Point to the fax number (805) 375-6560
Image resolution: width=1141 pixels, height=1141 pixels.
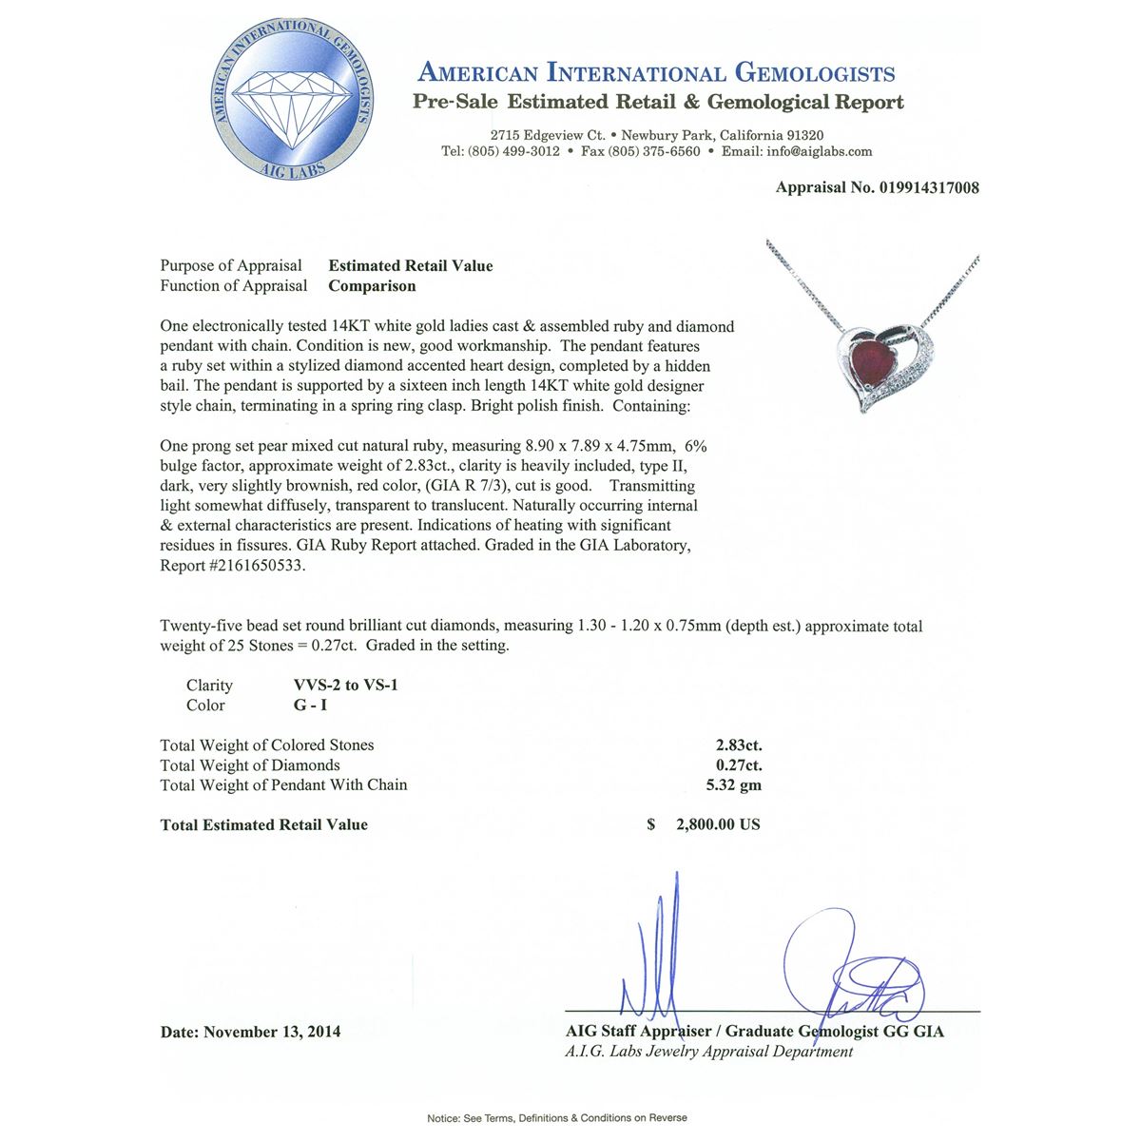653,151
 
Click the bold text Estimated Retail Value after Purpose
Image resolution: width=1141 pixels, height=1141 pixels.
411,266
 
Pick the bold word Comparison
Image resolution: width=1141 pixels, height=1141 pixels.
372,286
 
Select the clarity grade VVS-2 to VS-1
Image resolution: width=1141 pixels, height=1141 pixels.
346,686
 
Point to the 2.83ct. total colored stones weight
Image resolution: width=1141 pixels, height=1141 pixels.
739,745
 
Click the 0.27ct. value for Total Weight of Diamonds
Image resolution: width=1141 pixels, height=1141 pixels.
739,765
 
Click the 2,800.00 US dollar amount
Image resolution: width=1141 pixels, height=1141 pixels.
718,825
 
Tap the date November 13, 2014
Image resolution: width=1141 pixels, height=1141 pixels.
272,1032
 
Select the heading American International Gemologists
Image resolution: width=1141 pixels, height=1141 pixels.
656,73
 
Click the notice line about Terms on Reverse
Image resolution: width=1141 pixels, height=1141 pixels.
557,1118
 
